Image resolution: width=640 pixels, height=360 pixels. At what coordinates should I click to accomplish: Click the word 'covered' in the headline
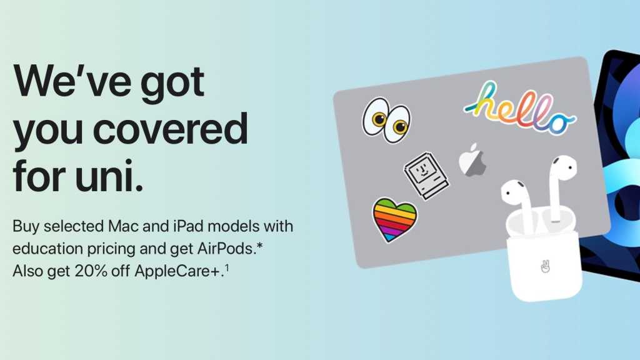(x=170, y=129)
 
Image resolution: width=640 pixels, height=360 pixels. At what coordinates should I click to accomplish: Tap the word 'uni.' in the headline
(x=109, y=176)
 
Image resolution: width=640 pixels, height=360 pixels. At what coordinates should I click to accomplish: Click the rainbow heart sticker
(x=395, y=219)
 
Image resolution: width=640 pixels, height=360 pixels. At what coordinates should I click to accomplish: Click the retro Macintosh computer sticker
(x=426, y=176)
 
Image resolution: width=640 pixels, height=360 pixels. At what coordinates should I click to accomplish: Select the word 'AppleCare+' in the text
(x=178, y=271)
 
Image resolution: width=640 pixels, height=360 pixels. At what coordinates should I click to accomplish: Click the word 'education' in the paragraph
(x=47, y=248)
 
